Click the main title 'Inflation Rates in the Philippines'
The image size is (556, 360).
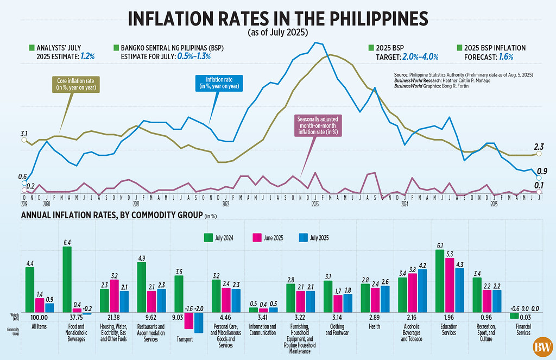pyautogui.click(x=277, y=17)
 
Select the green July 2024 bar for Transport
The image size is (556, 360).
pyautogui.click(x=179, y=293)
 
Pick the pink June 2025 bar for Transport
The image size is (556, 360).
pyautogui.click(x=189, y=320)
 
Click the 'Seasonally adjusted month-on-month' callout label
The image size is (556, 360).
pyautogui.click(x=317, y=124)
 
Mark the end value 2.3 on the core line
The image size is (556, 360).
pyautogui.click(x=539, y=146)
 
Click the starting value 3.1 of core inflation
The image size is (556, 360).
pyautogui.click(x=24, y=133)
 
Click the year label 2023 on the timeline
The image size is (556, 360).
pyautogui.click(x=315, y=204)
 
